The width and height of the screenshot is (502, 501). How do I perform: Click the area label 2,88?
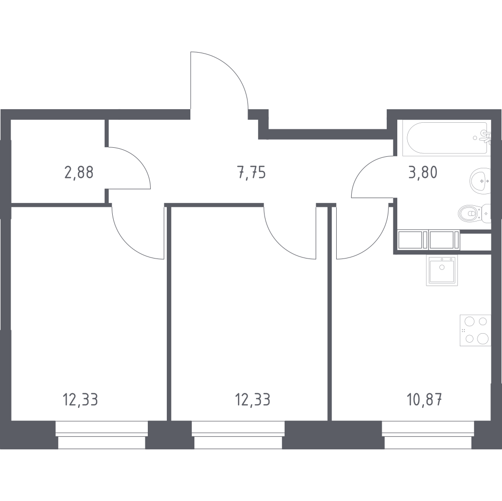(x=79, y=172)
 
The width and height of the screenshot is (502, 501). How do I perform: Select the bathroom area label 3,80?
(x=422, y=172)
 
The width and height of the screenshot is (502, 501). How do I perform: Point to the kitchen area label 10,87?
(x=424, y=399)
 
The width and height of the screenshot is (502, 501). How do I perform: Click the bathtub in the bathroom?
(x=447, y=138)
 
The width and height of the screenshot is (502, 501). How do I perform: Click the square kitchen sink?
(x=442, y=271)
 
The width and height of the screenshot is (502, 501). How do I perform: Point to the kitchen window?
(x=428, y=435)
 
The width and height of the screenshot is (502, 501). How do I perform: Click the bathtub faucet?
(x=486, y=136)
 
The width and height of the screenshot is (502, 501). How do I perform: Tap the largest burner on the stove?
(x=483, y=338)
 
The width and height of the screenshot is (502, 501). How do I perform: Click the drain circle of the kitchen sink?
(x=442, y=267)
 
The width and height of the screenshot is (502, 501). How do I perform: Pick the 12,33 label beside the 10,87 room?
(x=253, y=399)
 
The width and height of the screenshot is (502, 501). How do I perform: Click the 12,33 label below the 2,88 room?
(x=80, y=399)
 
